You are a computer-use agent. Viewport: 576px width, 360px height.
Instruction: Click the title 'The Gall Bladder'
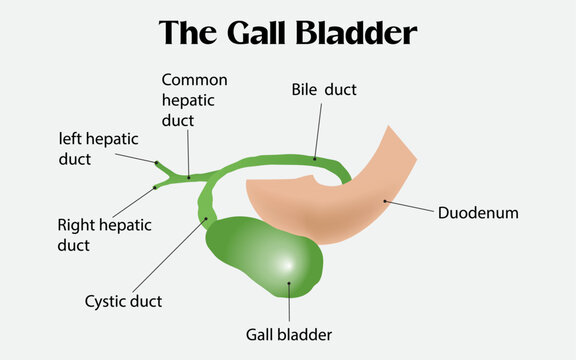[288, 33]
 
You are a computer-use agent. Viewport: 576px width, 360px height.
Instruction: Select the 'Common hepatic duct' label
[195, 100]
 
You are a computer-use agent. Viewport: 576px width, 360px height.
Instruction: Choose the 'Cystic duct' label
[124, 300]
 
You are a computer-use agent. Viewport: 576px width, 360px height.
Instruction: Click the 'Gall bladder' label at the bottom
[288, 334]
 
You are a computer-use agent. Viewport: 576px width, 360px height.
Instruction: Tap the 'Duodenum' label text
[478, 213]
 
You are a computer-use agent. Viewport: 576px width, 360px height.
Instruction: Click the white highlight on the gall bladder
[284, 264]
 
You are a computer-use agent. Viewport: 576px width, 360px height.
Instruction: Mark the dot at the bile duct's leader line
[315, 158]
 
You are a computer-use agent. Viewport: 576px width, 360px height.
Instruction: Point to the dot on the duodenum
[382, 200]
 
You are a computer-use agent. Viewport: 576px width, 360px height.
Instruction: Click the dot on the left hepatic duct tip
[155, 161]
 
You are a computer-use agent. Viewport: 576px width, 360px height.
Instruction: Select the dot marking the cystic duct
[205, 220]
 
